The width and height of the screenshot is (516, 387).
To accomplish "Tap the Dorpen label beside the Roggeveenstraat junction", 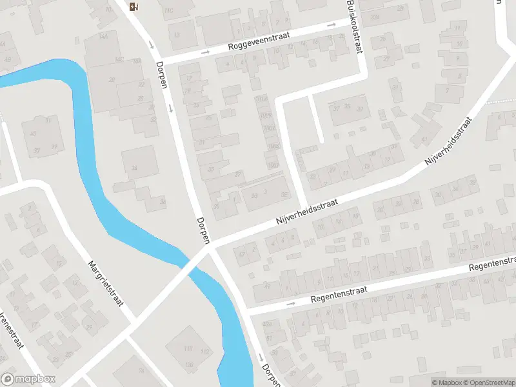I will pyautogui.click(x=161, y=75).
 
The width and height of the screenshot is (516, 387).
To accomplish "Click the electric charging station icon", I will pyautogui.click(x=134, y=7).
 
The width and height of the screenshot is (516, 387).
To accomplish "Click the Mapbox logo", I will pyautogui.click(x=29, y=379).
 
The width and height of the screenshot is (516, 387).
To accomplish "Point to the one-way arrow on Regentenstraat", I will pyautogui.click(x=290, y=303).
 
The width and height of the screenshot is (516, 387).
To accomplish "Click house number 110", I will pyautogui.click(x=188, y=349).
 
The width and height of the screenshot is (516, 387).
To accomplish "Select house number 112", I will pyautogui.click(x=205, y=352).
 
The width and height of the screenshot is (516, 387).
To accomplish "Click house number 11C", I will pyautogui.click(x=170, y=11).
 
